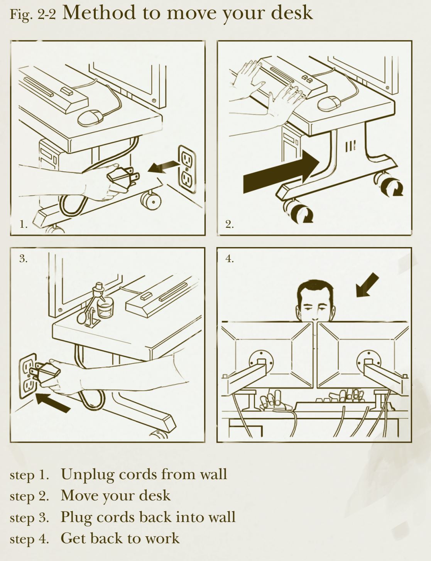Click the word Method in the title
click(99, 12)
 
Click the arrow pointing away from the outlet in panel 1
click(164, 166)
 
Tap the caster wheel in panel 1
click(151, 201)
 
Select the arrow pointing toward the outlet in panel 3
click(52, 403)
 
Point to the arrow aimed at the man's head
click(367, 285)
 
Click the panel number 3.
click(23, 258)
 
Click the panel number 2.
click(230, 224)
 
